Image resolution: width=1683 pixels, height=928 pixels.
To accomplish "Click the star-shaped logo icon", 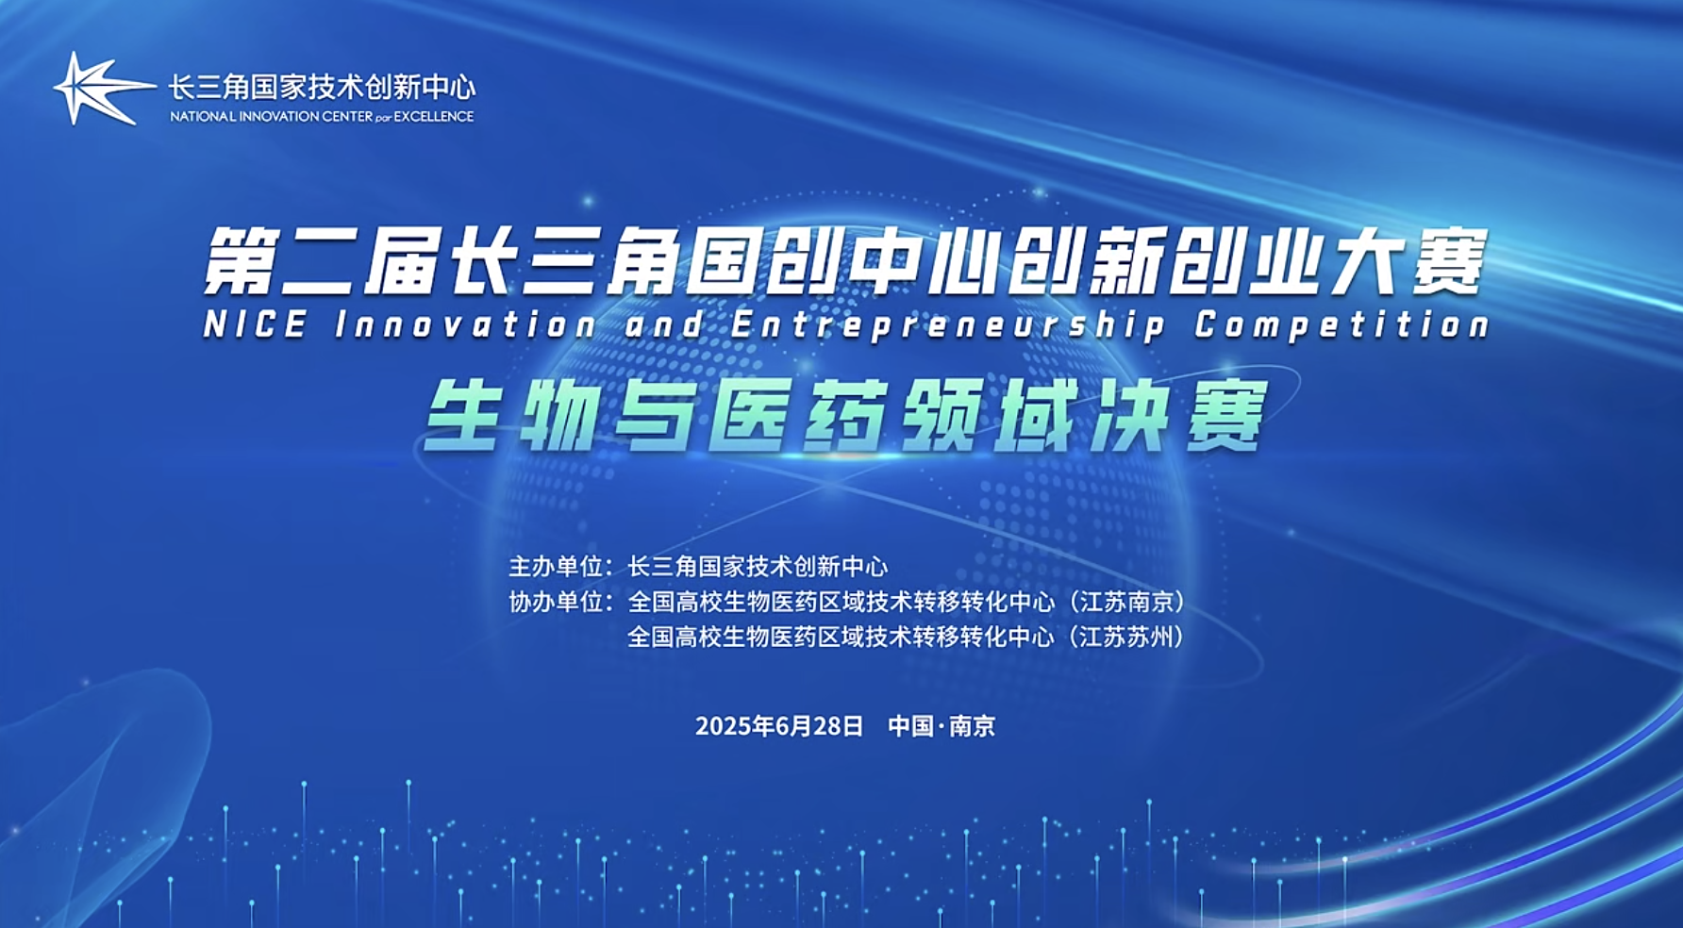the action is pos(102,89).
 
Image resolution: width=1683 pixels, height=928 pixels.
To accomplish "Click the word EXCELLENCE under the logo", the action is pos(433,117).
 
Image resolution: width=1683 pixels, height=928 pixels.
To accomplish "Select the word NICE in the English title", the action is pos(256,325).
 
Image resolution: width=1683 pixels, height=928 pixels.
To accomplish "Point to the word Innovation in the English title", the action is pos(466,325).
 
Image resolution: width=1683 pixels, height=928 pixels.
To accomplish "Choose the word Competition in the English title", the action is pos(1341,325).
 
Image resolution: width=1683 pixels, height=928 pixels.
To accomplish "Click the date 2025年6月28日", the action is pos(779,725).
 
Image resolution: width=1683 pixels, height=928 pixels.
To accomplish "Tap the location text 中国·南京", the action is pos(941,725).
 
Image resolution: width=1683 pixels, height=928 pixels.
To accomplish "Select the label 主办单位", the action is pos(556,566).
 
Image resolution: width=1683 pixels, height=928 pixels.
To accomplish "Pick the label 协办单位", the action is pos(556,602).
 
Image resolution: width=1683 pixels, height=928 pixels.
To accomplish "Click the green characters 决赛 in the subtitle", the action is pos(1179,415).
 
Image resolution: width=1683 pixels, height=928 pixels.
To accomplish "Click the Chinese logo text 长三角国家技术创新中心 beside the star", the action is pos(322,88).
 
